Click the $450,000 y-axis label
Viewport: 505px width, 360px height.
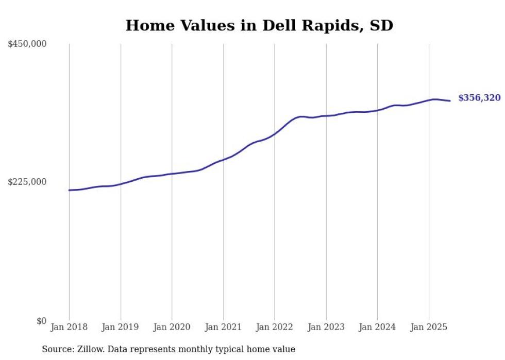27,44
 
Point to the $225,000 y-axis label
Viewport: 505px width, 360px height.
27,182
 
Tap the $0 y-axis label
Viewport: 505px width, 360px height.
41,321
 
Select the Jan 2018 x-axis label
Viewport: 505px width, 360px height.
69,327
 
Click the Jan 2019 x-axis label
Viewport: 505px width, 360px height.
121,327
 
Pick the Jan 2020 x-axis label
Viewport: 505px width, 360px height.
172,327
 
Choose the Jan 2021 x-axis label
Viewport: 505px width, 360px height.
223,327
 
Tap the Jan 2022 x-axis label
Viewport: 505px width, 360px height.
275,327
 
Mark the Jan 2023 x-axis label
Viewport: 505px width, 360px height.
326,327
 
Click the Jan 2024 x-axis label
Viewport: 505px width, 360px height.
377,327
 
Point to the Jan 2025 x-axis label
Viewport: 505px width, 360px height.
429,327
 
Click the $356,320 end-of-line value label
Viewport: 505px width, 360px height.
479,98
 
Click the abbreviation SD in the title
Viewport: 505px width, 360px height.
381,26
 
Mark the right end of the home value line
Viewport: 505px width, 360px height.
450,101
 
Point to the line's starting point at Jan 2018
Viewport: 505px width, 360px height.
69,190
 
